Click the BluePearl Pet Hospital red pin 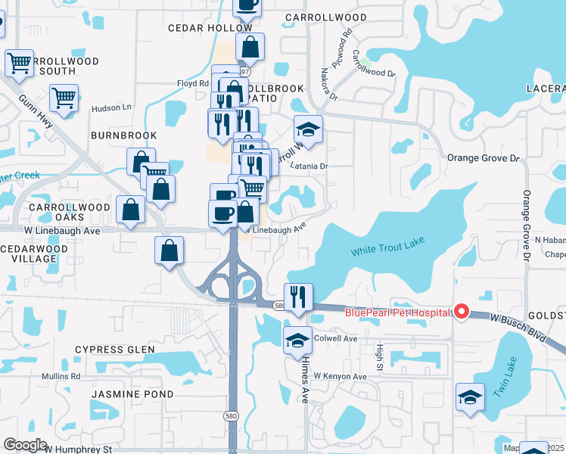click(461, 312)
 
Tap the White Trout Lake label click(387, 247)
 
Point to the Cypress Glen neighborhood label click(114, 350)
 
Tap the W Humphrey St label click(78, 449)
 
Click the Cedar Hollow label click(210, 28)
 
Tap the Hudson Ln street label click(111, 108)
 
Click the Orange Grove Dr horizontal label click(484, 159)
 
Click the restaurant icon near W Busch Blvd click(298, 297)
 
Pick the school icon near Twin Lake click(470, 396)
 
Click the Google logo click(26, 445)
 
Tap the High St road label click(379, 353)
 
